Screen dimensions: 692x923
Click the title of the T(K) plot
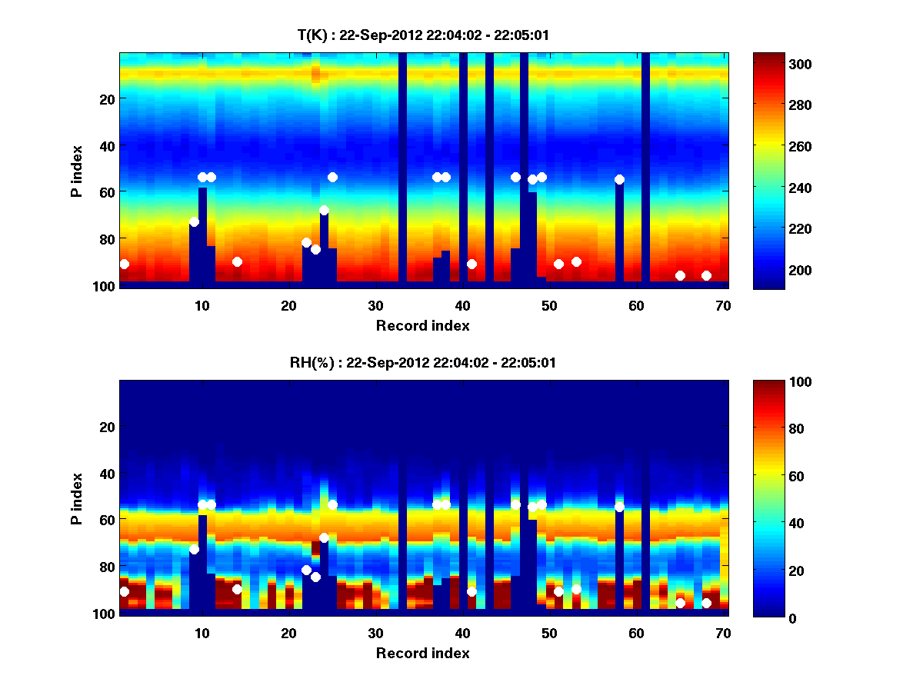coord(423,35)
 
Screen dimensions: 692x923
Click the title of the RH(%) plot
coord(423,362)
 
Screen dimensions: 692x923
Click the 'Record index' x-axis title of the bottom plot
coord(423,653)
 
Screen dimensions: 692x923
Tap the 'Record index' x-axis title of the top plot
coord(423,325)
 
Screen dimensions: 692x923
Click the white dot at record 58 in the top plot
coord(619,179)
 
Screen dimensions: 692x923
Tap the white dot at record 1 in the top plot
coord(125,264)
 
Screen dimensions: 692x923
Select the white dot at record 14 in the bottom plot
coord(237,589)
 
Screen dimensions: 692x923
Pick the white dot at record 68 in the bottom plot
coord(706,603)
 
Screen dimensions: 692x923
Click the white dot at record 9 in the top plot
coord(194,221)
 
